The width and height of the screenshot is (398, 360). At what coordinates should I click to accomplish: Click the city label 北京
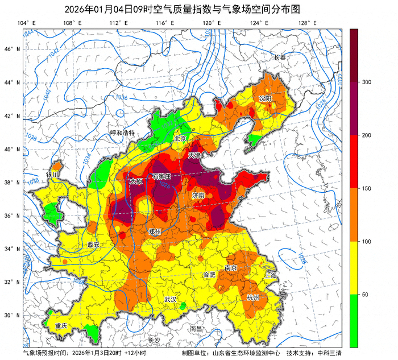click(180, 138)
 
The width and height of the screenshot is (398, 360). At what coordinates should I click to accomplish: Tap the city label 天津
click(195, 155)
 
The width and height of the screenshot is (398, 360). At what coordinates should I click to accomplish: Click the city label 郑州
click(154, 231)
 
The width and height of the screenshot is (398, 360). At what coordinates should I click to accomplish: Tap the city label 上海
click(270, 275)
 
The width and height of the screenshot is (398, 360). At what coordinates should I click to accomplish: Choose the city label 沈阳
click(266, 98)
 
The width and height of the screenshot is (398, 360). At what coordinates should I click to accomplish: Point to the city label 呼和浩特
click(122, 133)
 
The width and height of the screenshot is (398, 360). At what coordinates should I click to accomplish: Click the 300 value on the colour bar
click(366, 82)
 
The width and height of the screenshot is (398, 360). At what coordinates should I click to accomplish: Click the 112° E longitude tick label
click(115, 23)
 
